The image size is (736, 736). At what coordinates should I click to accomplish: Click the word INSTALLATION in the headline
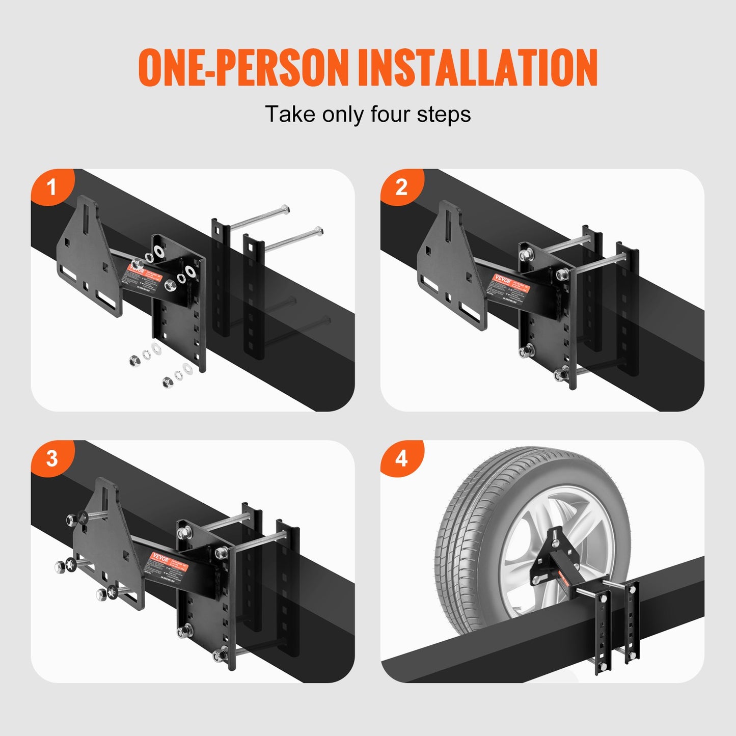click(477, 68)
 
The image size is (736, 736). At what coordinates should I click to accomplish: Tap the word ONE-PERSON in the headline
click(243, 68)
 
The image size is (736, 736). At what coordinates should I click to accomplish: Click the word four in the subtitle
click(391, 114)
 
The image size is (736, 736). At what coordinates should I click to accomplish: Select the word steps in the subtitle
click(444, 115)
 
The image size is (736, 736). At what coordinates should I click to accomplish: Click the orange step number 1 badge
click(51, 188)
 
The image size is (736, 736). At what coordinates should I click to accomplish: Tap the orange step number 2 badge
click(401, 188)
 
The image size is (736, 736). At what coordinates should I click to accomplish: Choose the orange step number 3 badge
click(51, 459)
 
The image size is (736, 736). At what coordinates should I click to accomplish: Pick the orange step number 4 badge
click(401, 459)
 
